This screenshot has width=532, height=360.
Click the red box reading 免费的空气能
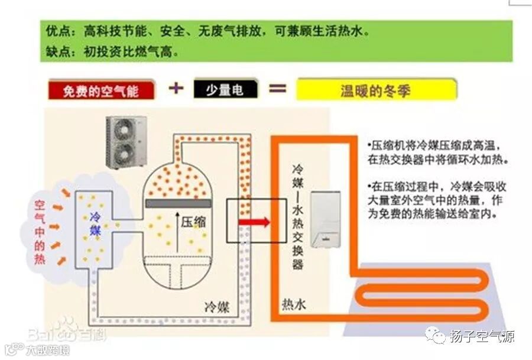101,91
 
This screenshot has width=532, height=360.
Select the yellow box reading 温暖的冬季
376,90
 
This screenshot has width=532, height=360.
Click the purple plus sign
177,89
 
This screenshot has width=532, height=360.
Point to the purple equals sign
278,89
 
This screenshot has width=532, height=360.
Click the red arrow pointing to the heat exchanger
254,222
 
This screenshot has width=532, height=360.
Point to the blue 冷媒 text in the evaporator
95,223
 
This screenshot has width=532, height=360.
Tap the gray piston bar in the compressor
179,203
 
